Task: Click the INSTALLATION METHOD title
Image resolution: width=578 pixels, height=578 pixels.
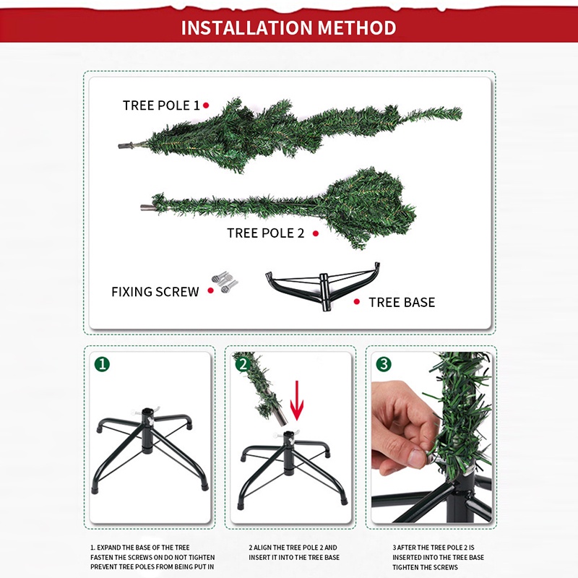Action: (288, 27)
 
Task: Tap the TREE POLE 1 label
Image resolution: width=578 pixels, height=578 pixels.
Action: (161, 105)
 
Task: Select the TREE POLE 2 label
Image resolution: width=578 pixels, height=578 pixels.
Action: (265, 233)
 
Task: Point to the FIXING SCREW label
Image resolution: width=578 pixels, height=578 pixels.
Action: (155, 292)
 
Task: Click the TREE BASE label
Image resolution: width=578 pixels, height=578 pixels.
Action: (402, 302)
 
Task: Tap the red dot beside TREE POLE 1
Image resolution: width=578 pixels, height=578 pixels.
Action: (206, 105)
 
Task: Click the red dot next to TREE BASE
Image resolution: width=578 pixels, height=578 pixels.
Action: (356, 301)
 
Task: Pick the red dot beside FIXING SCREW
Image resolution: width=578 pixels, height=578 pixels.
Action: (210, 290)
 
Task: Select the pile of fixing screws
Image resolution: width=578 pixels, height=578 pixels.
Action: (225, 282)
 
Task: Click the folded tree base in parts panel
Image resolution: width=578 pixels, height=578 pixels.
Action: (323, 286)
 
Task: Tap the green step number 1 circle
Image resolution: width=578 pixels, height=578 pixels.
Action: (102, 364)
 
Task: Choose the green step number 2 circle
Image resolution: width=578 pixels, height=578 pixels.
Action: (243, 364)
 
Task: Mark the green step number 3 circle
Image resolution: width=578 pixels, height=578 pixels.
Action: (384, 364)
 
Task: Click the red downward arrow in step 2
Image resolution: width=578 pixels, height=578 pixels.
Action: (297, 401)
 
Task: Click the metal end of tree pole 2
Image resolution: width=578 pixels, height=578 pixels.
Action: (148, 207)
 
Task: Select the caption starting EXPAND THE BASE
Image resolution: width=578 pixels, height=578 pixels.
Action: (152, 557)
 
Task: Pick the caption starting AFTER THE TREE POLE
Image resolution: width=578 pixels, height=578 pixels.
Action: (438, 557)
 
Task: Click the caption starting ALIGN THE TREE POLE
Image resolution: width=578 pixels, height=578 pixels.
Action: (294, 552)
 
